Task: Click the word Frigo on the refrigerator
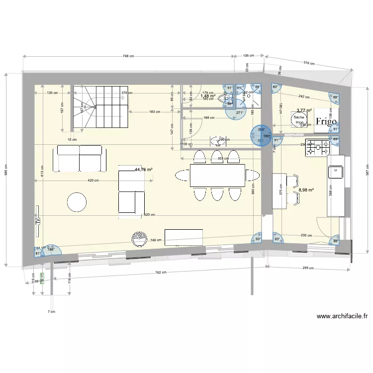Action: point(326,121)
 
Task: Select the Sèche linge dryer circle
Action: point(299,119)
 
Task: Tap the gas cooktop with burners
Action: point(317,147)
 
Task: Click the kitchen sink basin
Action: point(336,172)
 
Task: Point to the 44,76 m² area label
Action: point(143,170)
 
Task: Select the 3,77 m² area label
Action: point(304,110)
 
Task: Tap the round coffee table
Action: point(77,201)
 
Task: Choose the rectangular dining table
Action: point(218,175)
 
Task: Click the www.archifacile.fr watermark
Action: point(342,316)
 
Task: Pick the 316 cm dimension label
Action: point(309,64)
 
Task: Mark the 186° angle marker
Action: point(50,249)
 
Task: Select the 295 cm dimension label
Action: point(308,268)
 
